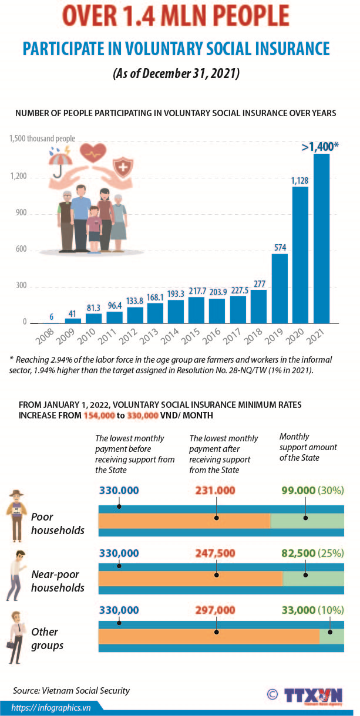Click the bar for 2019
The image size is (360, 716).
[x=280, y=288]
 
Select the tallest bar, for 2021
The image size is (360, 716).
[x=321, y=238]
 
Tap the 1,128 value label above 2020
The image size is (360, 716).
[x=300, y=181]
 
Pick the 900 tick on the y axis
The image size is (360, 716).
[x=22, y=214]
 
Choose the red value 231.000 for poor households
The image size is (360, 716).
[x=216, y=490]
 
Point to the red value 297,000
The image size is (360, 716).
[x=216, y=610]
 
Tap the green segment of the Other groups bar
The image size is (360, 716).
[x=331, y=636]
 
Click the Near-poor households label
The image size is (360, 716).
[x=58, y=581]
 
